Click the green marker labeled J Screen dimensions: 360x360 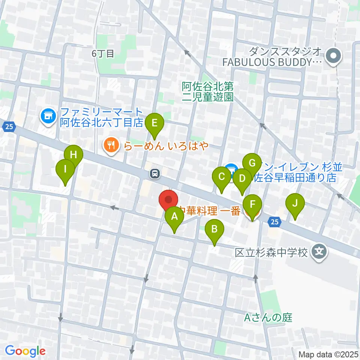(295, 204)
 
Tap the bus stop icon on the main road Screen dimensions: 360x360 (154, 173)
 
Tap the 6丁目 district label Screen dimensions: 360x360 (103, 54)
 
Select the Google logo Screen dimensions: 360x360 (25, 351)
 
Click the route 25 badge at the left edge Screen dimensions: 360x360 (10, 127)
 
